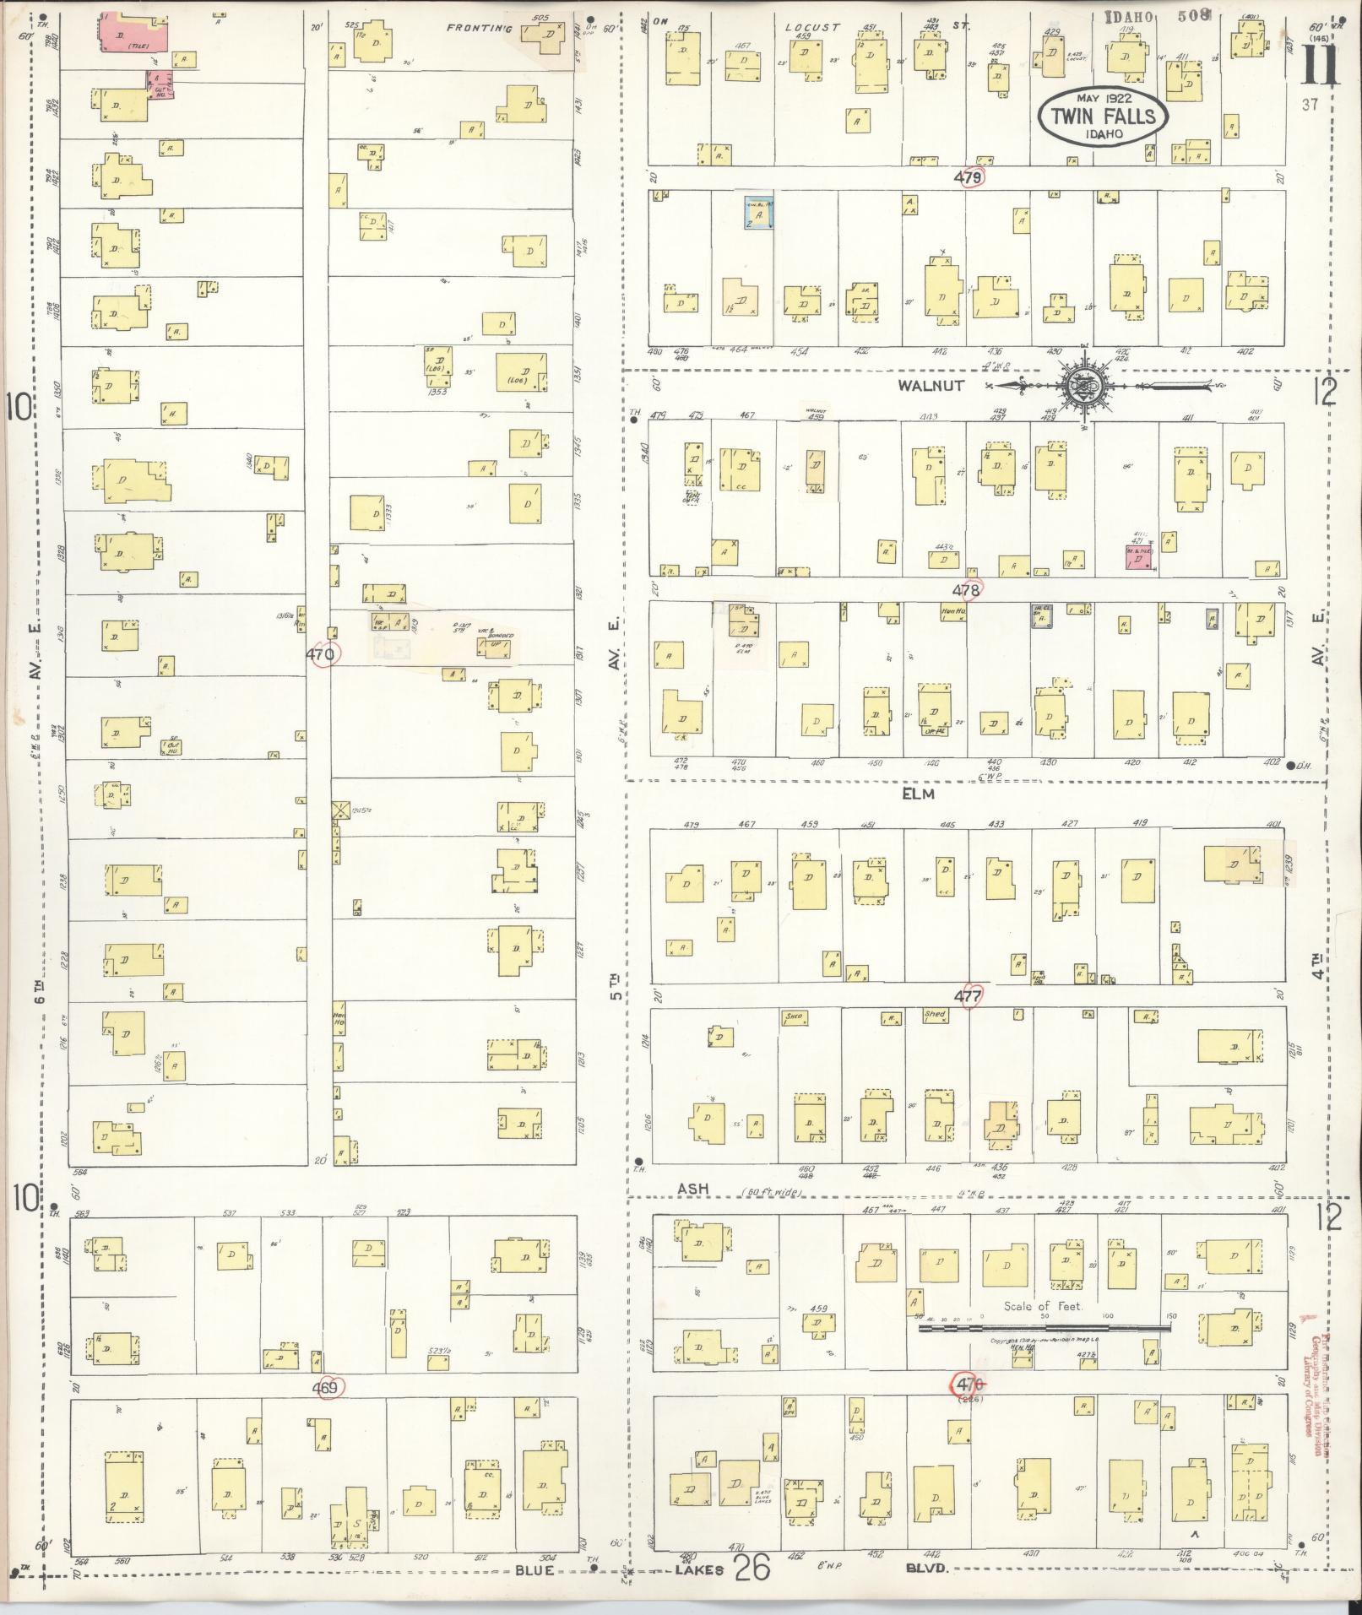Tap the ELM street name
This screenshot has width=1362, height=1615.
pyautogui.click(x=918, y=794)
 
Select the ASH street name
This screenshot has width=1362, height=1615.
pyautogui.click(x=692, y=1188)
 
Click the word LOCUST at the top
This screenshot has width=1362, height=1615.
pyautogui.click(x=811, y=27)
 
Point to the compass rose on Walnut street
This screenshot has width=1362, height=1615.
pyautogui.click(x=1085, y=386)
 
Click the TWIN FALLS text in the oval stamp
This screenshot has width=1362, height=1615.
pyautogui.click(x=1103, y=116)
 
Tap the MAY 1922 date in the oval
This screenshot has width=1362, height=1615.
pyautogui.click(x=1102, y=98)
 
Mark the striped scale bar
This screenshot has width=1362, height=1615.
pyautogui.click(x=1045, y=1327)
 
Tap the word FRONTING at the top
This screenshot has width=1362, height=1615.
pyautogui.click(x=480, y=28)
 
